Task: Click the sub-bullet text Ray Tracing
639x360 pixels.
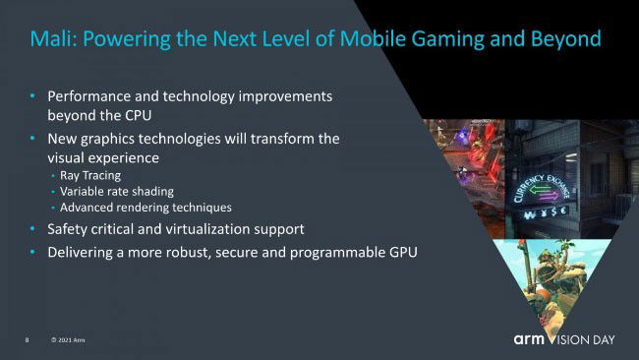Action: pyautogui.click(x=89, y=175)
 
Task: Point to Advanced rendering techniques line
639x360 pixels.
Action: pyautogui.click(x=145, y=208)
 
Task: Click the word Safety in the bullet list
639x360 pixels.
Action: pyautogui.click(x=69, y=229)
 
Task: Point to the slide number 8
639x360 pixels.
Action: pyautogui.click(x=28, y=340)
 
